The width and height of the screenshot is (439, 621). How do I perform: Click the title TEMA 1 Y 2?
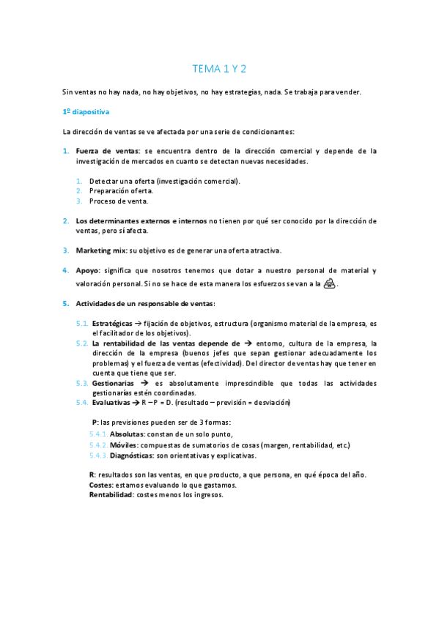point(219,69)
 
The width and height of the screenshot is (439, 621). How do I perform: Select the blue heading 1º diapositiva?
point(86,112)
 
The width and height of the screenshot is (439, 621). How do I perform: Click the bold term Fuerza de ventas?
point(106,151)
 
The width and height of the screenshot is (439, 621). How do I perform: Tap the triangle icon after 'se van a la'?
point(331,284)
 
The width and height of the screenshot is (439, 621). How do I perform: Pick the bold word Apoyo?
point(87,270)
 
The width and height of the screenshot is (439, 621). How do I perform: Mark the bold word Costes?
point(100,485)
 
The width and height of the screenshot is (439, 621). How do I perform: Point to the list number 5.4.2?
point(97,445)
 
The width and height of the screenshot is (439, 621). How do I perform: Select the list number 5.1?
point(82,322)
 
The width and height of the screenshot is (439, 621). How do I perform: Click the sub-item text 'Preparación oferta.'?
point(121,190)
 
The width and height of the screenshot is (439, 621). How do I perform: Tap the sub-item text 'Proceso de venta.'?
point(119,201)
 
